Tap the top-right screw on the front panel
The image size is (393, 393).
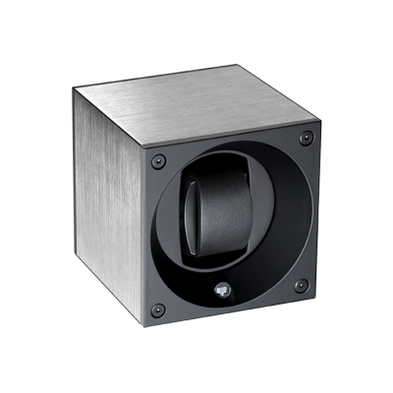306,137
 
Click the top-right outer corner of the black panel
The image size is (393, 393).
315,126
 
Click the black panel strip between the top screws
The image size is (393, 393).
232,149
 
